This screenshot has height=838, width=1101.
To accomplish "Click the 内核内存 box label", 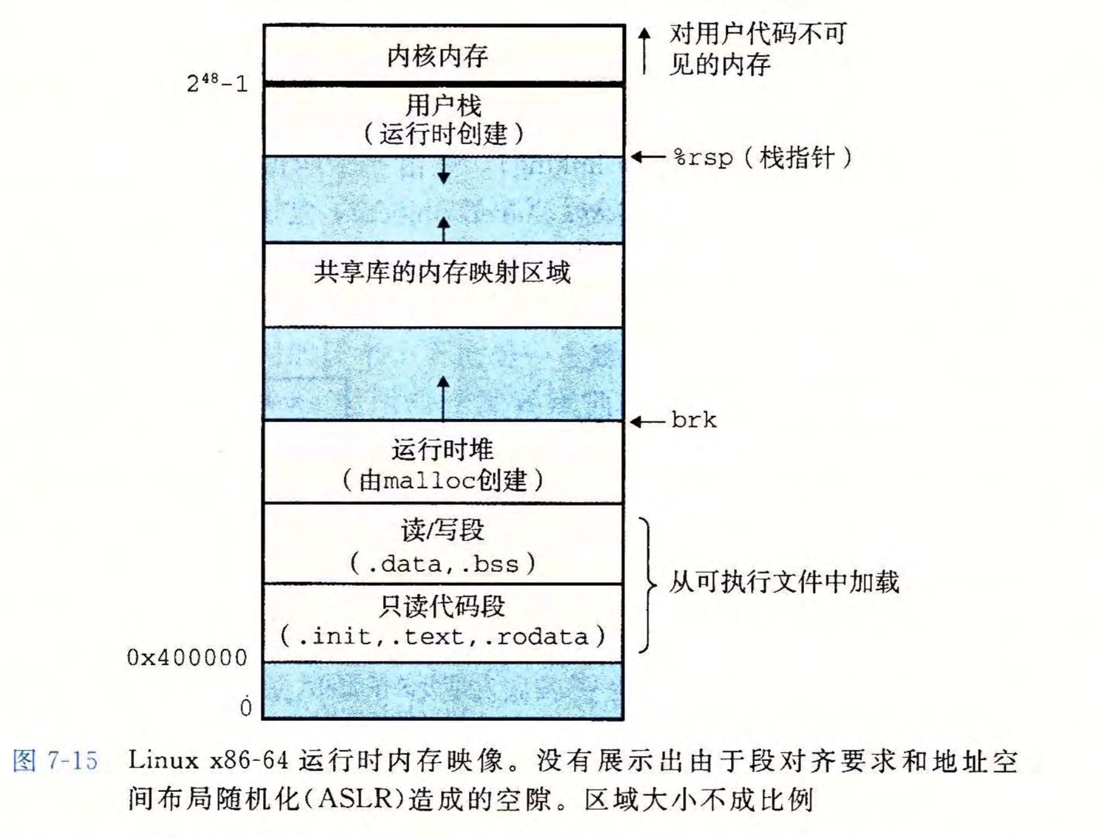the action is (x=437, y=56).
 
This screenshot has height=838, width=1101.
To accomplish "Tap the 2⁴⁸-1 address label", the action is (x=217, y=82).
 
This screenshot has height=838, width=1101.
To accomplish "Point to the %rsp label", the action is (x=702, y=158).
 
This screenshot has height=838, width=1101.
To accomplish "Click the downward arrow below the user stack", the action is (x=443, y=170).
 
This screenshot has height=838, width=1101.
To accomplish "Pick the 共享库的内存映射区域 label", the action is (x=442, y=272).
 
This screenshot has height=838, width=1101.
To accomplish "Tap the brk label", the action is (x=694, y=420).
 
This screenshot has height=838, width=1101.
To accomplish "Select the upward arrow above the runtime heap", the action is (x=443, y=397).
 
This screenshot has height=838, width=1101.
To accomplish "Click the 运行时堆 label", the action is (x=442, y=450).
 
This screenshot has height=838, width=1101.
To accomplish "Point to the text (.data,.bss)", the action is (x=442, y=564).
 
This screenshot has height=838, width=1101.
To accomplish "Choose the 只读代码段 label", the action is (x=442, y=606).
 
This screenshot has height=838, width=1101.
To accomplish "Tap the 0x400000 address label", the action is (x=187, y=658).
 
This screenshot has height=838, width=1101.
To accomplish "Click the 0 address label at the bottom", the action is (x=245, y=707).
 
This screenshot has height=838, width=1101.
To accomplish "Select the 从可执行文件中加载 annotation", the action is (x=783, y=582).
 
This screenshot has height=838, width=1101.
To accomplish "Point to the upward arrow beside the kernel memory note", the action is (x=645, y=51).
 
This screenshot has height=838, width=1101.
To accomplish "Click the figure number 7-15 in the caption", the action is (x=72, y=760).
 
